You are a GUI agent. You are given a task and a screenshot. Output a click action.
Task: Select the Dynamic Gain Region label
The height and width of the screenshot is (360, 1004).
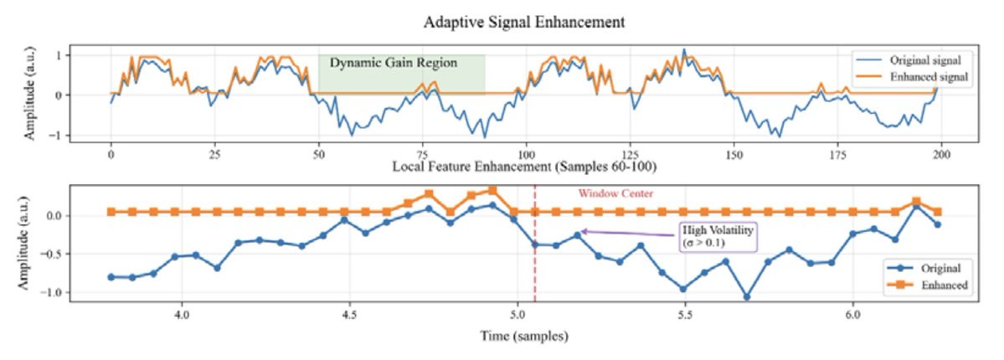click(393, 63)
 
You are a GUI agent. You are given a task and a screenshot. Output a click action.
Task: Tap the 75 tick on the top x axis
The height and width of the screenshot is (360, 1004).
click(423, 155)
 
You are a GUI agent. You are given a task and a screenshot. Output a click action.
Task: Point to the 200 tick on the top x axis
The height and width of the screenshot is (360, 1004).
click(941, 155)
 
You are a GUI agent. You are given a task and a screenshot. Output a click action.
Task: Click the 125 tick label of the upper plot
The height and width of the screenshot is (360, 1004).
click(631, 155)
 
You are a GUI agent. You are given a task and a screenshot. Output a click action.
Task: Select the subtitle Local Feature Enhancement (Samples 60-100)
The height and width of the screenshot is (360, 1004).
click(523, 167)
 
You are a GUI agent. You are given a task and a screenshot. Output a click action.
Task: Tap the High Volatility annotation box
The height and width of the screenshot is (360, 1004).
click(716, 236)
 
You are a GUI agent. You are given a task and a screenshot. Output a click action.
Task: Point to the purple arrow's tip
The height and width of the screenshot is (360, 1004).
click(580, 231)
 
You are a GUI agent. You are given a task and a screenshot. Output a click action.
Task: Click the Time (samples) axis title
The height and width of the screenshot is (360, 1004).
click(525, 337)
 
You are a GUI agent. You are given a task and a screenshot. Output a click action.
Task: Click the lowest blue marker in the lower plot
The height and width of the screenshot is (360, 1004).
click(746, 296)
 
